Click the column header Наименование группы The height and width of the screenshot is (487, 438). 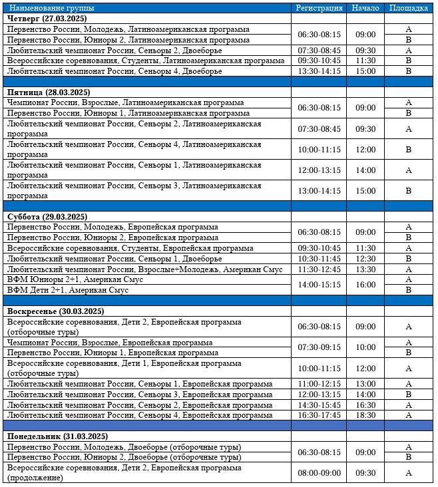click(x=52, y=8)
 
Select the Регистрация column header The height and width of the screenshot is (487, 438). click(x=319, y=8)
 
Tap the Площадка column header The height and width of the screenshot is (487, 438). click(x=408, y=8)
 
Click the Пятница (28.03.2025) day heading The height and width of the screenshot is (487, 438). click(x=48, y=92)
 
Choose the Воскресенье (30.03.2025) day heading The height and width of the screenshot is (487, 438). click(x=56, y=311)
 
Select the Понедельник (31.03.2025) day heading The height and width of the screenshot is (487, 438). click(x=57, y=436)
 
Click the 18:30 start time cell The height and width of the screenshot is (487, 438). click(x=365, y=415)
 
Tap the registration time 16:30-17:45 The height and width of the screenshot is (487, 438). click(x=319, y=415)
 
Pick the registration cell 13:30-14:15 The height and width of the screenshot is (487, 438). click(x=319, y=71)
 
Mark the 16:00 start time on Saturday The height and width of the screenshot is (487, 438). click(x=365, y=285)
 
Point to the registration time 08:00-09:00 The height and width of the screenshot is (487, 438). click(x=319, y=473)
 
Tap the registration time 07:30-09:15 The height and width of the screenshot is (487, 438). click(x=319, y=347)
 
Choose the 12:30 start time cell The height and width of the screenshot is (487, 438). click(x=365, y=259)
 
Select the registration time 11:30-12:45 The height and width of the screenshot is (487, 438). click(x=319, y=269)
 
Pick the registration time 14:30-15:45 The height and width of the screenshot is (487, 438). click(x=319, y=405)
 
